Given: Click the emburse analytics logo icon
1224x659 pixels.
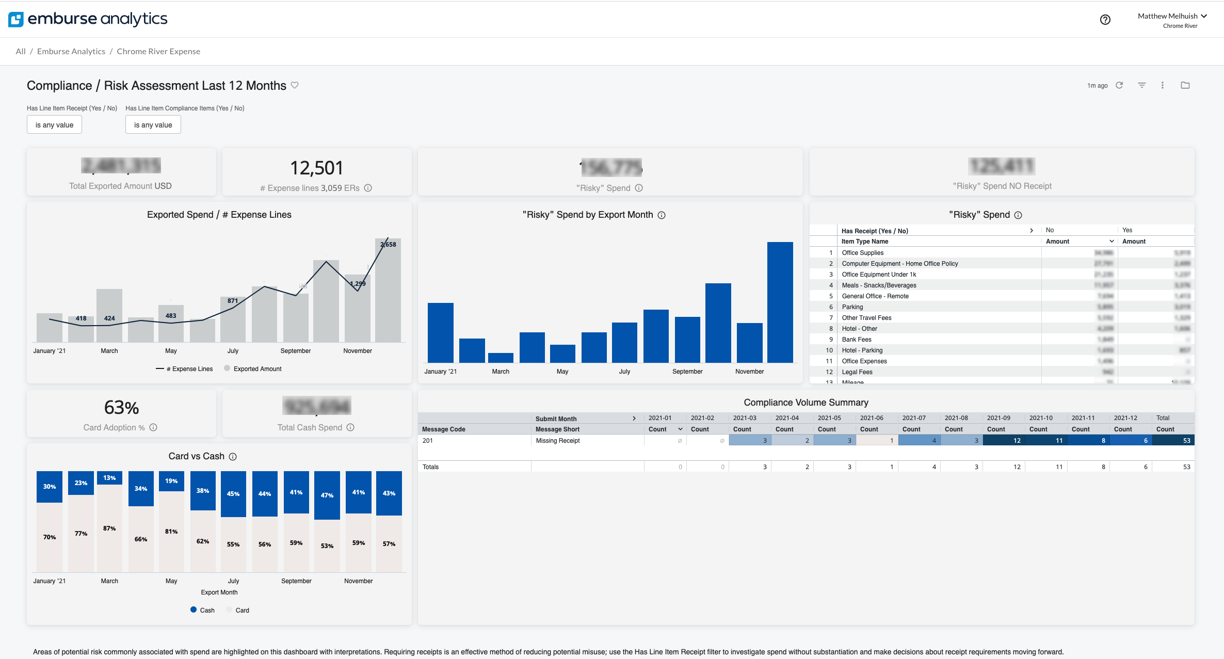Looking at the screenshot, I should [x=16, y=19].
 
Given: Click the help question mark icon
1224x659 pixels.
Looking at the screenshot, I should [x=1105, y=20].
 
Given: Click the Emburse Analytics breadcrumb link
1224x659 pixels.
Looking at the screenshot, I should [x=71, y=51].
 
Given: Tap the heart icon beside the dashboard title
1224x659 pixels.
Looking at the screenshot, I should [x=295, y=85].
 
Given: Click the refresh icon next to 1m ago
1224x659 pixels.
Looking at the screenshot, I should [x=1119, y=85].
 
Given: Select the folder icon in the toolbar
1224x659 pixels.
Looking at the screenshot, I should [x=1185, y=85].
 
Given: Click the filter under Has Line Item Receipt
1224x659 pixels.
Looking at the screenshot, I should [x=54, y=125].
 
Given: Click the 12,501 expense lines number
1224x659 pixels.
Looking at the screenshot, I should [x=316, y=168].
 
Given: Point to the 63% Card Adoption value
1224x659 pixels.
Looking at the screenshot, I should [x=121, y=408].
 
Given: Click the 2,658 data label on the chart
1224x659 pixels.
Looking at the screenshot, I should [x=389, y=245].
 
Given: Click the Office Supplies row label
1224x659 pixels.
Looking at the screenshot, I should [x=863, y=253].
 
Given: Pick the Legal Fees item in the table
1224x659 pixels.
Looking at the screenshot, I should [x=857, y=372].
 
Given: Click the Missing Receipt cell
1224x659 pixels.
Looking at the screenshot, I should [x=558, y=441].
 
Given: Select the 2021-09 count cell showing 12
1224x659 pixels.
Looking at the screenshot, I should [x=1004, y=441].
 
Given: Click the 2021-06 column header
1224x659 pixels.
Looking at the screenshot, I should [x=872, y=418].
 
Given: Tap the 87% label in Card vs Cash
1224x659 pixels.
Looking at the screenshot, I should [x=109, y=528].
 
